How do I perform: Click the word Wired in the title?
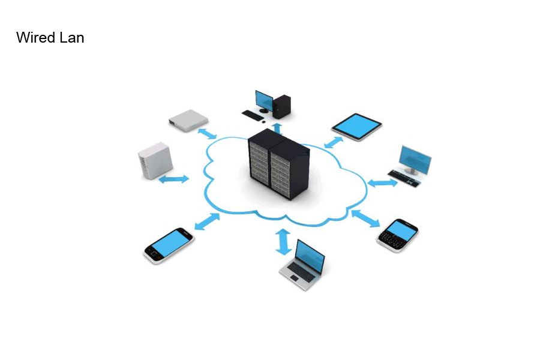pyautogui.click(x=36, y=38)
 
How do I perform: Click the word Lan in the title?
pyautogui.click(x=72, y=38)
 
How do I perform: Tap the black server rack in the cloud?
pyautogui.click(x=278, y=164)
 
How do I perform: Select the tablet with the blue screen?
pyautogui.click(x=357, y=127)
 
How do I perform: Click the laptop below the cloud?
pyautogui.click(x=302, y=265)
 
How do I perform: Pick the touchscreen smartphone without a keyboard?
pyautogui.click(x=169, y=245)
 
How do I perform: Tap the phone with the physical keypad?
pyautogui.click(x=397, y=235)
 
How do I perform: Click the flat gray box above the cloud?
pyautogui.click(x=188, y=121)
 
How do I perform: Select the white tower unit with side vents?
pyautogui.click(x=155, y=161)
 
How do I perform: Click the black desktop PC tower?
pyautogui.click(x=282, y=106)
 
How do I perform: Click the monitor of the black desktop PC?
pyautogui.click(x=264, y=101)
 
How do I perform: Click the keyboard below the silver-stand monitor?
pyautogui.click(x=404, y=178)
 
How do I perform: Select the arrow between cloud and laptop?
pyautogui.click(x=283, y=241)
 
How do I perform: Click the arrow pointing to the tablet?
pyautogui.click(x=334, y=142)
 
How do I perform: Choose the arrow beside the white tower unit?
pyautogui.click(x=174, y=179)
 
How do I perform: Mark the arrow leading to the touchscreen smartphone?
pyautogui.click(x=207, y=221)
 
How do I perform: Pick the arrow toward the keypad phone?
pyautogui.click(x=366, y=218)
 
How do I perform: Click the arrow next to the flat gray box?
pyautogui.click(x=207, y=134)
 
